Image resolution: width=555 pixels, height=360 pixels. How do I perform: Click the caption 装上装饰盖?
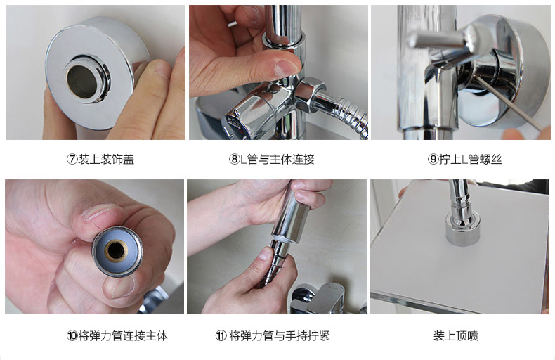(106, 159)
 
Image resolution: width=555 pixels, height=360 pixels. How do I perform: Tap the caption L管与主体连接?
(277, 159)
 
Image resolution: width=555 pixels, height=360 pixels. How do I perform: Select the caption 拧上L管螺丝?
(471, 159)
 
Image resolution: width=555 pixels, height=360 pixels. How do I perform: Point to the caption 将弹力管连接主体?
(123, 335)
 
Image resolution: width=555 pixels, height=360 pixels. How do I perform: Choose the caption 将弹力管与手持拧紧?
(280, 335)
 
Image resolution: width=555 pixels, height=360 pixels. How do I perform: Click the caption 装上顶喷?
(456, 335)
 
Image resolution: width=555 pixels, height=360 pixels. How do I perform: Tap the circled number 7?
(72, 159)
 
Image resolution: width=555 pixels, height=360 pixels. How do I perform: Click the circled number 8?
(235, 159)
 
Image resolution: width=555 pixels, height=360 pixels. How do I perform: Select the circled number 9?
(433, 159)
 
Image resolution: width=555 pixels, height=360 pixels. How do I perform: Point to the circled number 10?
(72, 335)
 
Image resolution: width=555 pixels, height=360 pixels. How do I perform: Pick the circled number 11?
(221, 335)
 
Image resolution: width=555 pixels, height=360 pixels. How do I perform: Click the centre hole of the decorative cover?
(82, 81)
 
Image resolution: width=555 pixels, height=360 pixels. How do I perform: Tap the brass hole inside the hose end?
(116, 250)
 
